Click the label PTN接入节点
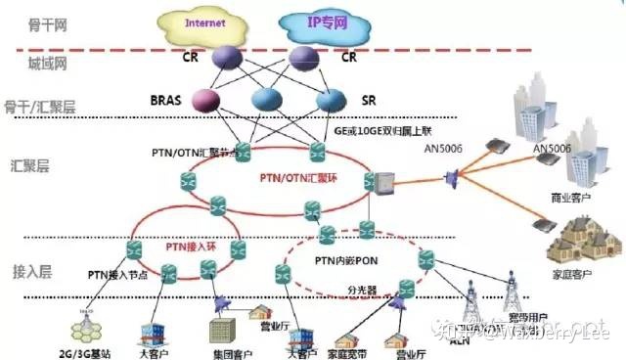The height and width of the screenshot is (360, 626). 116,275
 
